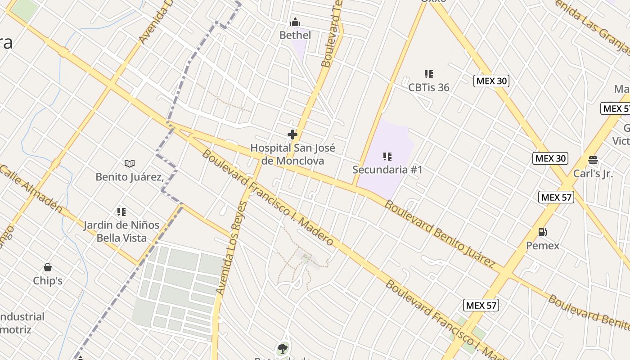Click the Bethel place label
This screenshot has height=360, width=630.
(295, 35)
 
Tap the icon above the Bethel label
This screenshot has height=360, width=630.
(295, 22)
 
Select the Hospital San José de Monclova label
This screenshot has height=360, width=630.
(292, 154)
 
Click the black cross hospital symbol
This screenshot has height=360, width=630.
(292, 134)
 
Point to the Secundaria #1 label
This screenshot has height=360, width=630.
(387, 170)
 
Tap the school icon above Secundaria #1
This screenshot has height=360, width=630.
(387, 157)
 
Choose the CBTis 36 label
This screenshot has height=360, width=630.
(429, 87)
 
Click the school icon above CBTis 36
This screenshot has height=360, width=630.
(429, 74)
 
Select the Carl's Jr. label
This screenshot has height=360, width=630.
(593, 174)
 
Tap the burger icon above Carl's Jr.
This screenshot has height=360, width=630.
(593, 160)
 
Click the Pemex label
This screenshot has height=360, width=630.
(543, 246)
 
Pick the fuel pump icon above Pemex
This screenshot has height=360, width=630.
(543, 232)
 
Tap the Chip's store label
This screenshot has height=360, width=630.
(48, 281)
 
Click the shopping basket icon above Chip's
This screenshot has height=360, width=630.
(48, 267)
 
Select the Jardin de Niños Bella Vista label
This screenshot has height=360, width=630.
(121, 231)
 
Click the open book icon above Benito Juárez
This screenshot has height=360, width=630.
(130, 163)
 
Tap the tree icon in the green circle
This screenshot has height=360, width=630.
(283, 348)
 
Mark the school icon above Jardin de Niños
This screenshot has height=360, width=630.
(121, 211)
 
